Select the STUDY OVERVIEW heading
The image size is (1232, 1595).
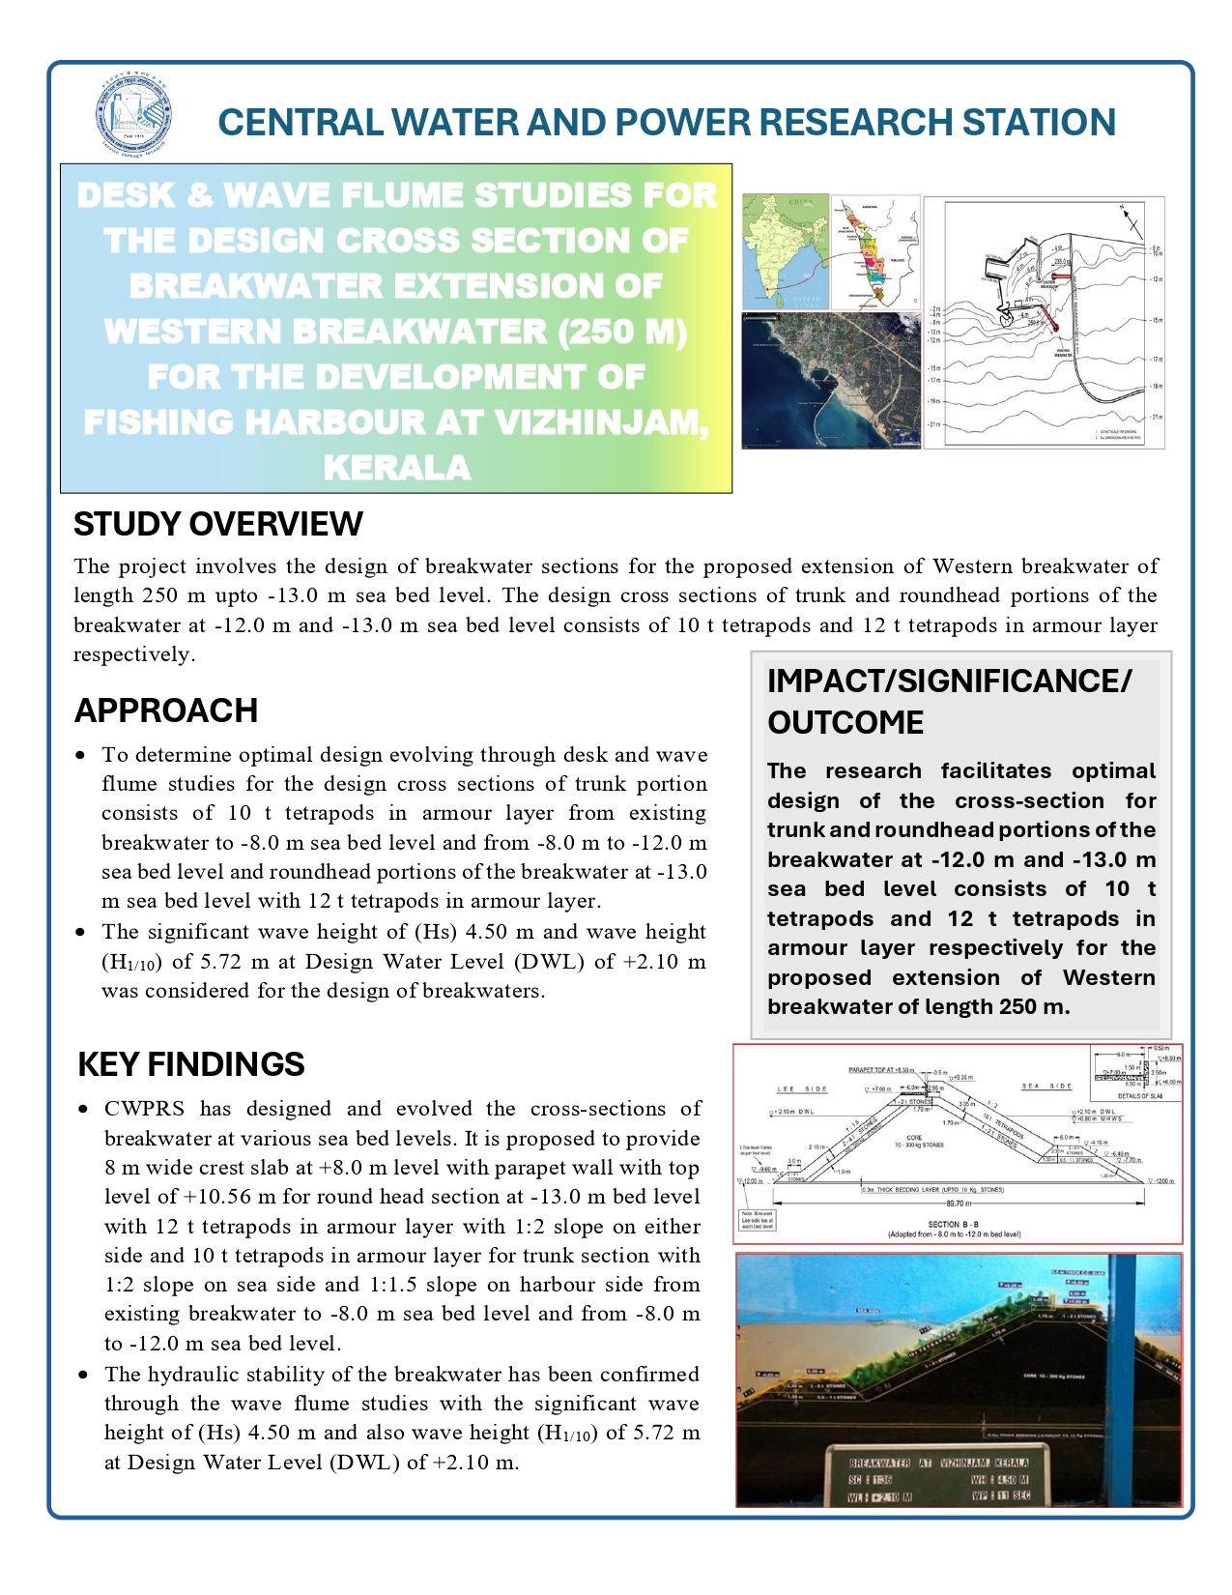(218, 524)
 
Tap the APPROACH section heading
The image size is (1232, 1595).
(166, 710)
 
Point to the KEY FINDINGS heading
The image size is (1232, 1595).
(191, 1064)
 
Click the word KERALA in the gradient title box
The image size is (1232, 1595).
(397, 468)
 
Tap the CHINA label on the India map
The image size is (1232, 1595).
(802, 202)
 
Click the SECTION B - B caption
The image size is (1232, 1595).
(955, 1224)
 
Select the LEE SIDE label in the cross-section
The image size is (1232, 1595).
(802, 1088)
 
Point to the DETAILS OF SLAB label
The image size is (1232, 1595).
(1138, 1095)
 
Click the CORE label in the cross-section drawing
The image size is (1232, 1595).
(915, 1138)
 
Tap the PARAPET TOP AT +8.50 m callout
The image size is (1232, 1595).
(880, 1070)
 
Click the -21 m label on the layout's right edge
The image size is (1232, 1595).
(1157, 417)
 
